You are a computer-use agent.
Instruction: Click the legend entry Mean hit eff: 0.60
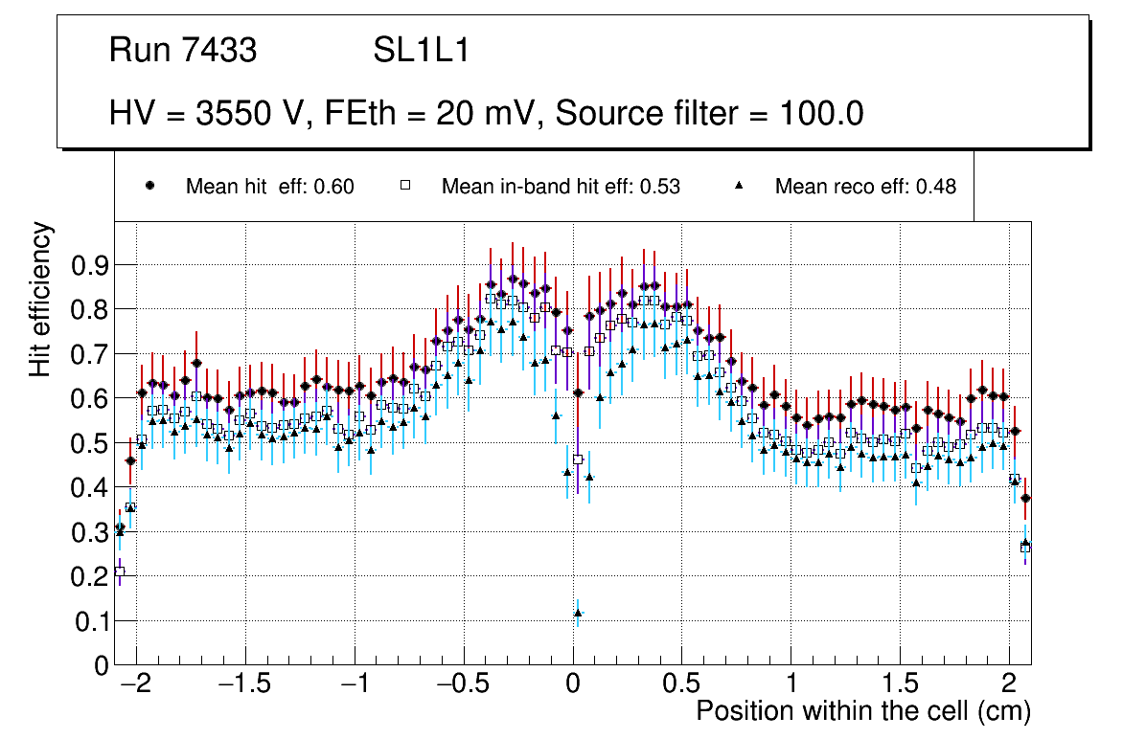(269, 188)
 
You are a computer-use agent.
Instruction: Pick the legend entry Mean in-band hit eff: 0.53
(561, 188)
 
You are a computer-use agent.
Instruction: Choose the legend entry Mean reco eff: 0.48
(865, 188)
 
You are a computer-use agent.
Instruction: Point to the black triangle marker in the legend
(739, 187)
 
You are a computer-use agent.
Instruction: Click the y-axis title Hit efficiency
(41, 299)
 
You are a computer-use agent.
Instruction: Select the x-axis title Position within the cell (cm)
(862, 712)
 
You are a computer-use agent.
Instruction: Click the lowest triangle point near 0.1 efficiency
(578, 614)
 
